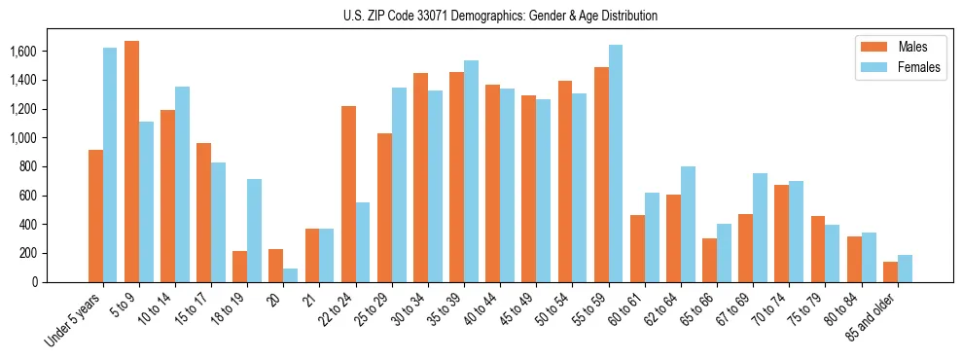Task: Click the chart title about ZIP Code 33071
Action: pos(500,16)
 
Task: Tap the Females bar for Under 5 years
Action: pos(110,165)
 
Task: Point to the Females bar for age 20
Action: pos(291,275)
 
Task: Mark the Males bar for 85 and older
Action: pos(890,271)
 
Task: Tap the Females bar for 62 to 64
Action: pos(688,225)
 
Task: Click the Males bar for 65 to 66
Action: pos(710,260)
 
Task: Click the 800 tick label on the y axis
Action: pos(54,166)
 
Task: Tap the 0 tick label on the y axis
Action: pos(61,282)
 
